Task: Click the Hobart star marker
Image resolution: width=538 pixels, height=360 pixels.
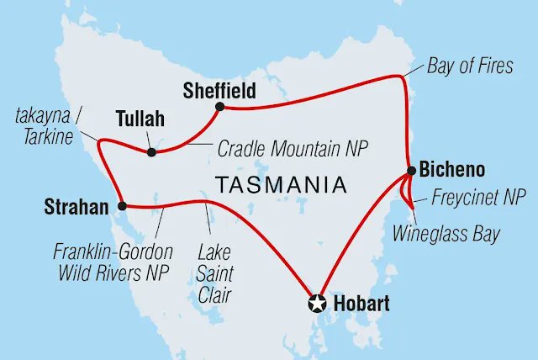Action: click(x=319, y=303)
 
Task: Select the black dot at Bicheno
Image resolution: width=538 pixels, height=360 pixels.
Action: click(x=410, y=171)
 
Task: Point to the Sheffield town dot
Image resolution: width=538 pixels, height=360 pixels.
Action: click(x=219, y=107)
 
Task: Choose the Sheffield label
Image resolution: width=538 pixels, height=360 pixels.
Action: click(x=220, y=89)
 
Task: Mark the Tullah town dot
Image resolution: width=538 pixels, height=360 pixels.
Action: click(x=151, y=152)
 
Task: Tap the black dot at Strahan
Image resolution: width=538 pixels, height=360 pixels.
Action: click(x=122, y=205)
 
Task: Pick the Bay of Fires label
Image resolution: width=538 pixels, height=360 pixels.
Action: click(x=469, y=66)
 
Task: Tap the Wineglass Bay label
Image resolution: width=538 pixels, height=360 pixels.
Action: click(x=446, y=233)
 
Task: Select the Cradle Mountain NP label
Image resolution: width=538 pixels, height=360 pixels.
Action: click(x=293, y=149)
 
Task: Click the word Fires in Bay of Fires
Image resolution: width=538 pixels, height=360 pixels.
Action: click(x=493, y=66)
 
